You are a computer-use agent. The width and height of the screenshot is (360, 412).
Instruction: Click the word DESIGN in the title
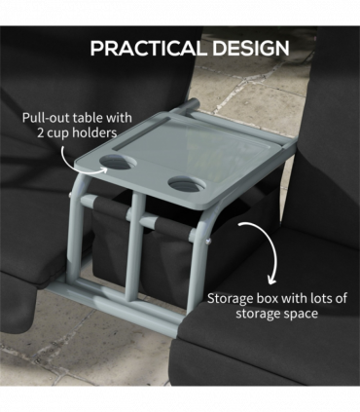tap(242, 48)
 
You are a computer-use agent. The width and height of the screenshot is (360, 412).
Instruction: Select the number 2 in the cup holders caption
tap(36, 131)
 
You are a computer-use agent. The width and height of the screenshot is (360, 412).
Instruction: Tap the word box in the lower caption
tap(271, 299)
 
